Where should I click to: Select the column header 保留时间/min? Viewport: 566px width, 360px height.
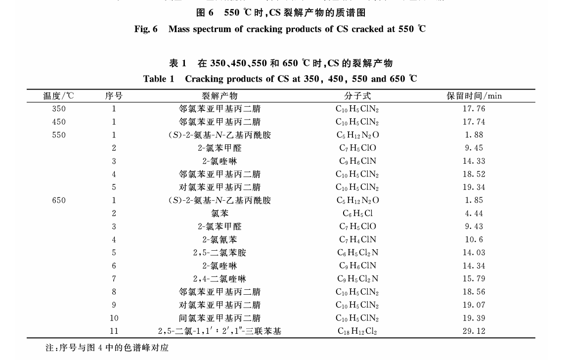coord(474,96)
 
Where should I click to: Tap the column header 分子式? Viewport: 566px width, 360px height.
coord(357,96)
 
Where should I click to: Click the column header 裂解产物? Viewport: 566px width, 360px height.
coord(219,96)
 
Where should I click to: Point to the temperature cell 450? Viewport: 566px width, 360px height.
coord(58,122)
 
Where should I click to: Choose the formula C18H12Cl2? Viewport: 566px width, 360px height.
coord(357,331)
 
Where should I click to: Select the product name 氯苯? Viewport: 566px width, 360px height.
coord(219,214)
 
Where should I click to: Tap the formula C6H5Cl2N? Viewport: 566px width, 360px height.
coord(357,253)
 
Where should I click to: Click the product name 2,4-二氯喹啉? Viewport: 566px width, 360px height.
coord(219,279)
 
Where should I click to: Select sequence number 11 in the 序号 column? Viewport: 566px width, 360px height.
coord(114,331)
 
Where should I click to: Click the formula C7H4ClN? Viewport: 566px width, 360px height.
coord(357,240)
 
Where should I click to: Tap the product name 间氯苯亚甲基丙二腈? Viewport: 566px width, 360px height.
coord(219,318)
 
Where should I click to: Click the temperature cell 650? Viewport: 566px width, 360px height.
coord(58,200)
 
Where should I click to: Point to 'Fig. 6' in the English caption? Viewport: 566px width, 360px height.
coord(146,29)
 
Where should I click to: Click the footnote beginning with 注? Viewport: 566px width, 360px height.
coord(107,348)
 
